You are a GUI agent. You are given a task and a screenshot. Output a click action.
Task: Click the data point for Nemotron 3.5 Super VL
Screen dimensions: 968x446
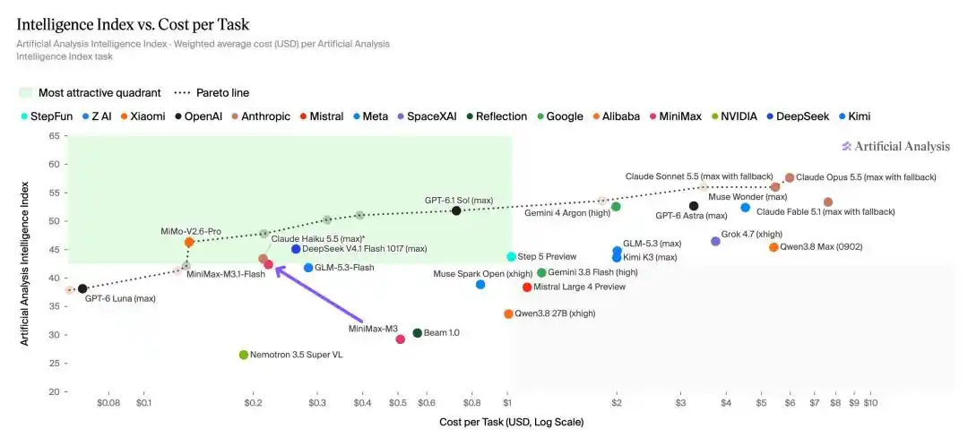tap(243, 355)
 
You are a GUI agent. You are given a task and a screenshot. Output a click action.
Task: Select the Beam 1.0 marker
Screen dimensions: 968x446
tap(418, 333)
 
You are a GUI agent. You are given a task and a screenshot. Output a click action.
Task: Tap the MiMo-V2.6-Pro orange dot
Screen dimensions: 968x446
tap(189, 243)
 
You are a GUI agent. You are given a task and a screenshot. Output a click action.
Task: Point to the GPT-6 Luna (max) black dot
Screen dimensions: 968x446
tap(82, 288)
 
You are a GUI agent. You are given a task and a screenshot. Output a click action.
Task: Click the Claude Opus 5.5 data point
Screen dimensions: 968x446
tap(790, 177)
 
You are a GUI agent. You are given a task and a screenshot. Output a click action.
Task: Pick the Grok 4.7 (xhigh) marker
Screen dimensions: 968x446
tap(715, 241)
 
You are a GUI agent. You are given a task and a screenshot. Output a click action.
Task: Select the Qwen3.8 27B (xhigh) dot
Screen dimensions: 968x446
tap(508, 314)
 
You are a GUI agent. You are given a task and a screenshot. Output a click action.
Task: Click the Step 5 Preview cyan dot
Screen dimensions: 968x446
tap(511, 257)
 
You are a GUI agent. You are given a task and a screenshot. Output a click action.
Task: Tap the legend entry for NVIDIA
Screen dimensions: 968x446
tap(734, 116)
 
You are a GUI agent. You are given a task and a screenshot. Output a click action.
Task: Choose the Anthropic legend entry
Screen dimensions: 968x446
tap(262, 116)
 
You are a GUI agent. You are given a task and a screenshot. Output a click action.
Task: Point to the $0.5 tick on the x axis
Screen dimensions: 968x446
tap(398, 403)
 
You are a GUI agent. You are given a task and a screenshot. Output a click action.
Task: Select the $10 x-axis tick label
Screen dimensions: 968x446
tap(870, 403)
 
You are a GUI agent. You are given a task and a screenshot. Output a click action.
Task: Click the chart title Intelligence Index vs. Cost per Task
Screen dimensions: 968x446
tap(133, 25)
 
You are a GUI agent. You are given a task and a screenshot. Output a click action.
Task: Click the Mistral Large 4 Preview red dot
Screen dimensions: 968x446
tap(527, 287)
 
